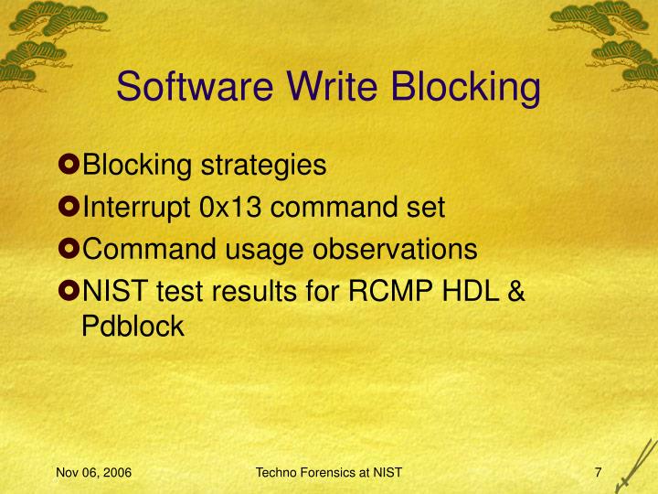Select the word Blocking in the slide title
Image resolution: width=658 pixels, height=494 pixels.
coord(465,88)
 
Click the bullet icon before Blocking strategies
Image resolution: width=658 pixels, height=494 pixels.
coord(70,166)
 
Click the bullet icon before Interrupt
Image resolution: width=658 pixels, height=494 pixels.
coord(70,208)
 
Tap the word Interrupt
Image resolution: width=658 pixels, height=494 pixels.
coord(137,208)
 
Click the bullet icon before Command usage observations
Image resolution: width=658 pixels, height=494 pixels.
coord(70,249)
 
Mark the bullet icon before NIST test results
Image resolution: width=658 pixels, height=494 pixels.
coord(70,290)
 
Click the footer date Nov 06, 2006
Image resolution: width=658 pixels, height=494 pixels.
coord(93,473)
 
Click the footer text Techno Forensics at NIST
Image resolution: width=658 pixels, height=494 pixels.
coord(329,473)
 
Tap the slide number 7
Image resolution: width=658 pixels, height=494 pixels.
coord(597,473)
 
